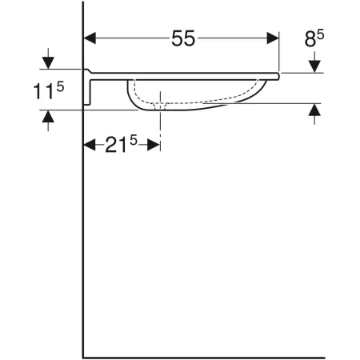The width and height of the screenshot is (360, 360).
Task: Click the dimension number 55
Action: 183,38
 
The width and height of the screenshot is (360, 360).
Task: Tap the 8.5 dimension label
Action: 314,38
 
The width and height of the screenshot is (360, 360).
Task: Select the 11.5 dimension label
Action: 48,90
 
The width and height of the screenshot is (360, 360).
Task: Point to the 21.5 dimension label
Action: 121,144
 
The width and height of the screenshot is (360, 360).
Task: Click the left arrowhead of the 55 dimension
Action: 90,38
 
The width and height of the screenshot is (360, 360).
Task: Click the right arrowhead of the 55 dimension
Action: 273,38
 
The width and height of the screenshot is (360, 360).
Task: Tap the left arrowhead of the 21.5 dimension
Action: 90,145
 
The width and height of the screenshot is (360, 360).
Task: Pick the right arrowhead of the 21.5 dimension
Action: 154,145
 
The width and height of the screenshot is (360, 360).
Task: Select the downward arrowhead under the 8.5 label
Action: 314,66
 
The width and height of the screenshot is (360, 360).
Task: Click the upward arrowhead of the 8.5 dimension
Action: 314,110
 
